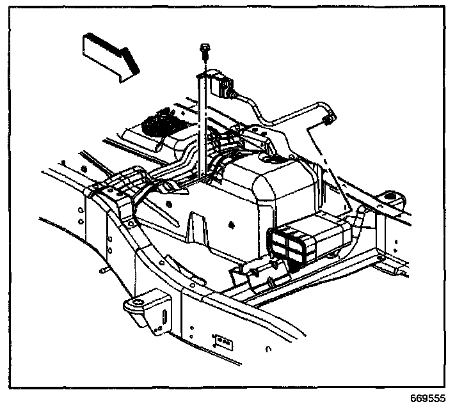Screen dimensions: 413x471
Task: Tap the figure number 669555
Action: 427,398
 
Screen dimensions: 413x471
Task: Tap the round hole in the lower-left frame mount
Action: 136,302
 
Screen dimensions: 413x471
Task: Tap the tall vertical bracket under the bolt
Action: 201,128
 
